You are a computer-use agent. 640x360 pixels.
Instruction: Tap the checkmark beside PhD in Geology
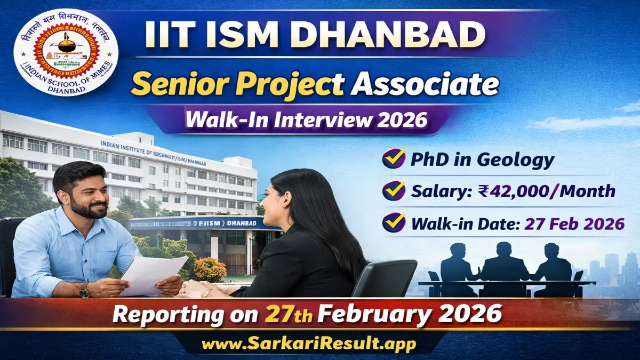393,159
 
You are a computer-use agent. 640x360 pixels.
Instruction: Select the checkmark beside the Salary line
393,191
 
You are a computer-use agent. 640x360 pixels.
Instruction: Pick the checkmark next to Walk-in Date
393,222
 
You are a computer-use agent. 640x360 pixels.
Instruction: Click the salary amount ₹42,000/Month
549,191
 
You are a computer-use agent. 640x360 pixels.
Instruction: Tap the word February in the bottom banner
381,314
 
